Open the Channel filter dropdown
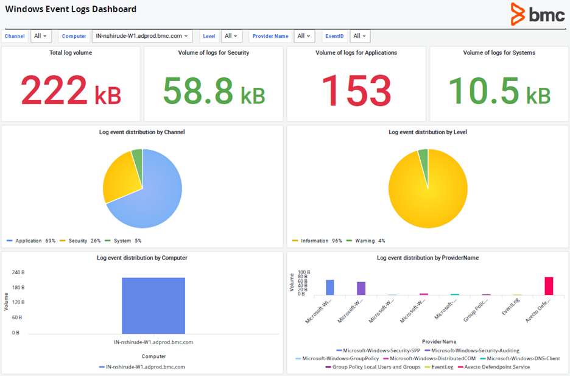(x=41, y=37)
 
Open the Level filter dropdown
(x=231, y=37)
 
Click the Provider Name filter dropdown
(x=304, y=37)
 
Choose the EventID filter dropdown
(x=360, y=37)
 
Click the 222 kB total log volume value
(x=71, y=91)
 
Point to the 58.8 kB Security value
(x=213, y=91)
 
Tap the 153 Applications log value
(x=356, y=91)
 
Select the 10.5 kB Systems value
(x=499, y=91)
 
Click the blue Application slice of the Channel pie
(x=152, y=195)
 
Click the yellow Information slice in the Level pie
(x=426, y=195)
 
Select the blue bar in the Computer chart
(x=153, y=305)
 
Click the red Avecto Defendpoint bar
(x=549, y=286)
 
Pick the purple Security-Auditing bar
(x=361, y=288)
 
